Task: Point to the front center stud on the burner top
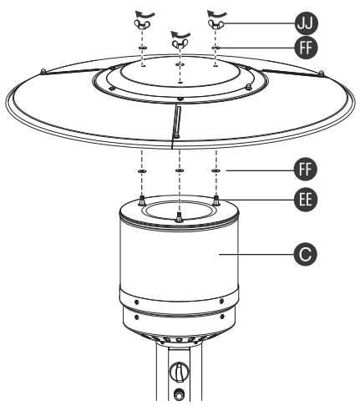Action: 180,215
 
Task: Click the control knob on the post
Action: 177,370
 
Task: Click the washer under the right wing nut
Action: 215,48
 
